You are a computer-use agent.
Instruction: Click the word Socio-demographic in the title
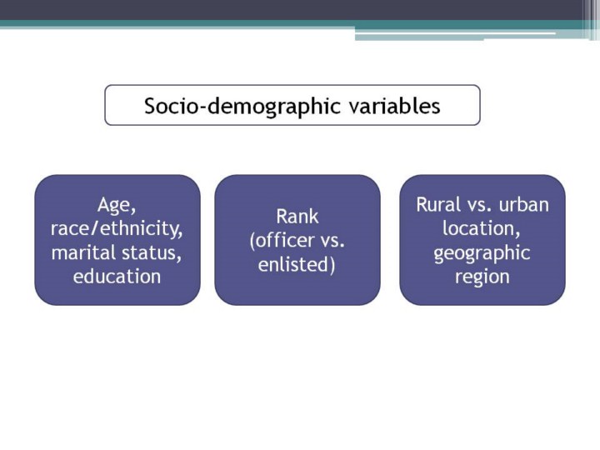click(242, 107)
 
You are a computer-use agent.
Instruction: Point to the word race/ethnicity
click(117, 229)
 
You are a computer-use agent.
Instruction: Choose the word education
click(117, 277)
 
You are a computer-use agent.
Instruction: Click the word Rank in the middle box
click(297, 217)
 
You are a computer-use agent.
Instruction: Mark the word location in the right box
click(482, 229)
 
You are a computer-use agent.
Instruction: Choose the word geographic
click(482, 253)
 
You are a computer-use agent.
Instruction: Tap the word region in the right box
click(482, 277)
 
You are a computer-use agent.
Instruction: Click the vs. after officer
click(332, 242)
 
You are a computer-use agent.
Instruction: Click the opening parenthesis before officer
click(252, 241)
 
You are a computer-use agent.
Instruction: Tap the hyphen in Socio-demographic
click(202, 108)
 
